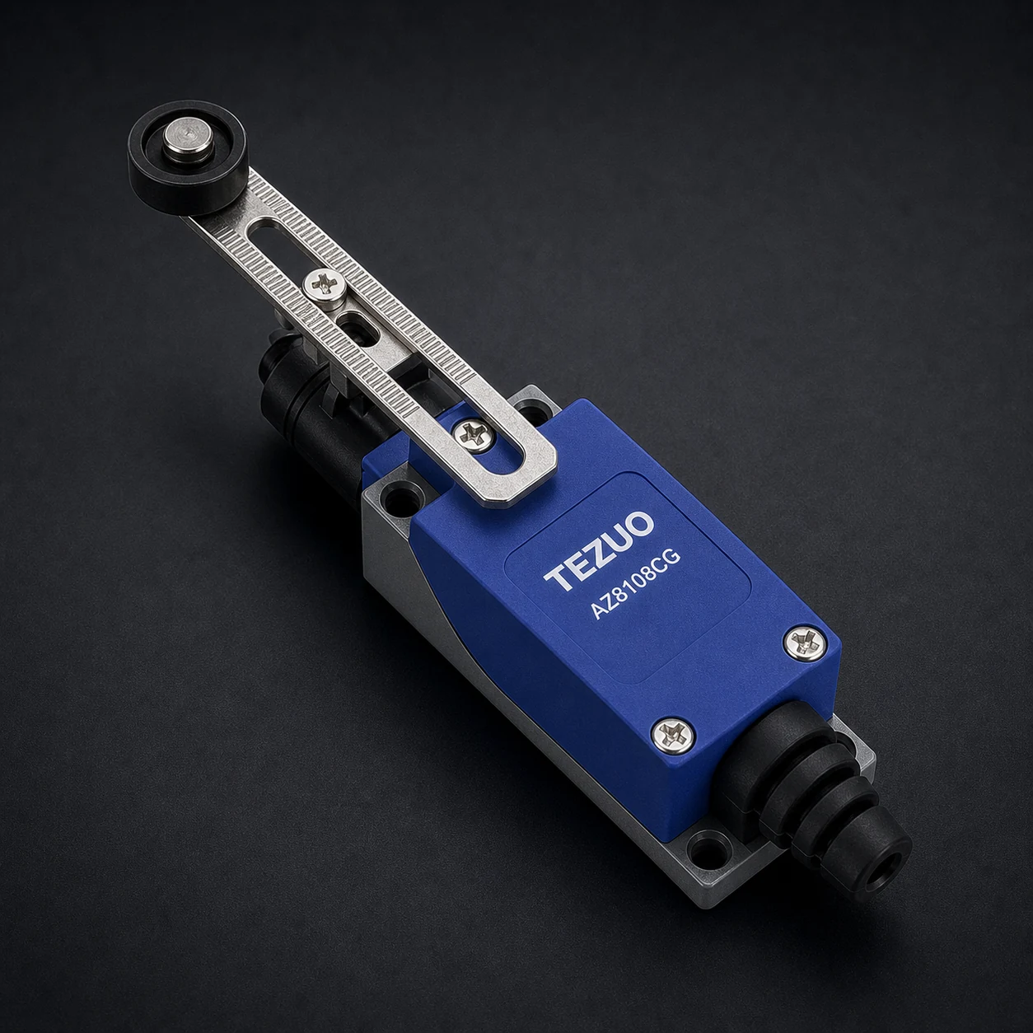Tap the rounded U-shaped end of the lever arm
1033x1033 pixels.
[515, 472]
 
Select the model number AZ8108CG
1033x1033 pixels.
[636, 585]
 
